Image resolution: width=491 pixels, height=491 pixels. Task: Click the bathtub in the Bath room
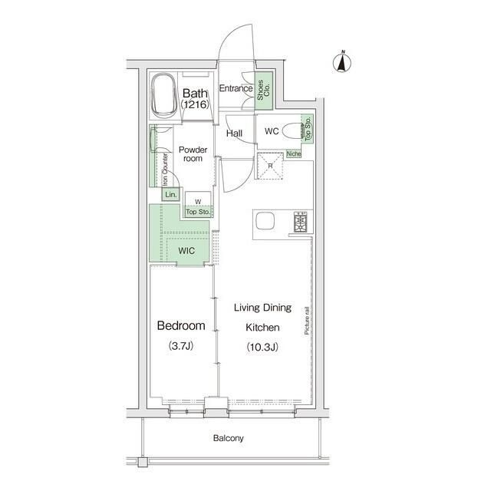163,95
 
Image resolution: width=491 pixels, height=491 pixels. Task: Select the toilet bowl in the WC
292,131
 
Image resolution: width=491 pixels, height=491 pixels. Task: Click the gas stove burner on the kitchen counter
301,222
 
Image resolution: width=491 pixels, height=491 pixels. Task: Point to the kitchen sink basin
265,221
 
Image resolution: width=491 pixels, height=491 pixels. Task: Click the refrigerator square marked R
270,166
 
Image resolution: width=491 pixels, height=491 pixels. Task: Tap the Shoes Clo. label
263,91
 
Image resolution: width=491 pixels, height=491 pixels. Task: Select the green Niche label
294,153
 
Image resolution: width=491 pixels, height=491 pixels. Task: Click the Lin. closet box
170,194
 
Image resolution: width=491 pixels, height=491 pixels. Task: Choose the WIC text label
186,251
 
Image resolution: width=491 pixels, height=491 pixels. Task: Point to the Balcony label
229,438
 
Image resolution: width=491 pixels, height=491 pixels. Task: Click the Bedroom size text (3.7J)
181,346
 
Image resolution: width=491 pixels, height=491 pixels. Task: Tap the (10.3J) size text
262,347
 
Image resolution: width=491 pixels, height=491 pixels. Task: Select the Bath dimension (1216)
195,104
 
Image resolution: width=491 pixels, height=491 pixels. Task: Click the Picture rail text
307,321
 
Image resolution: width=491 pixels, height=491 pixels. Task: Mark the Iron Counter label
165,170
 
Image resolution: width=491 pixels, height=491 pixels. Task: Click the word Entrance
236,88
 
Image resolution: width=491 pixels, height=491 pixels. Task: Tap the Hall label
234,133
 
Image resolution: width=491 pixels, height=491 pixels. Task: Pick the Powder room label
193,154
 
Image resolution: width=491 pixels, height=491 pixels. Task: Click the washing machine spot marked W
198,201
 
